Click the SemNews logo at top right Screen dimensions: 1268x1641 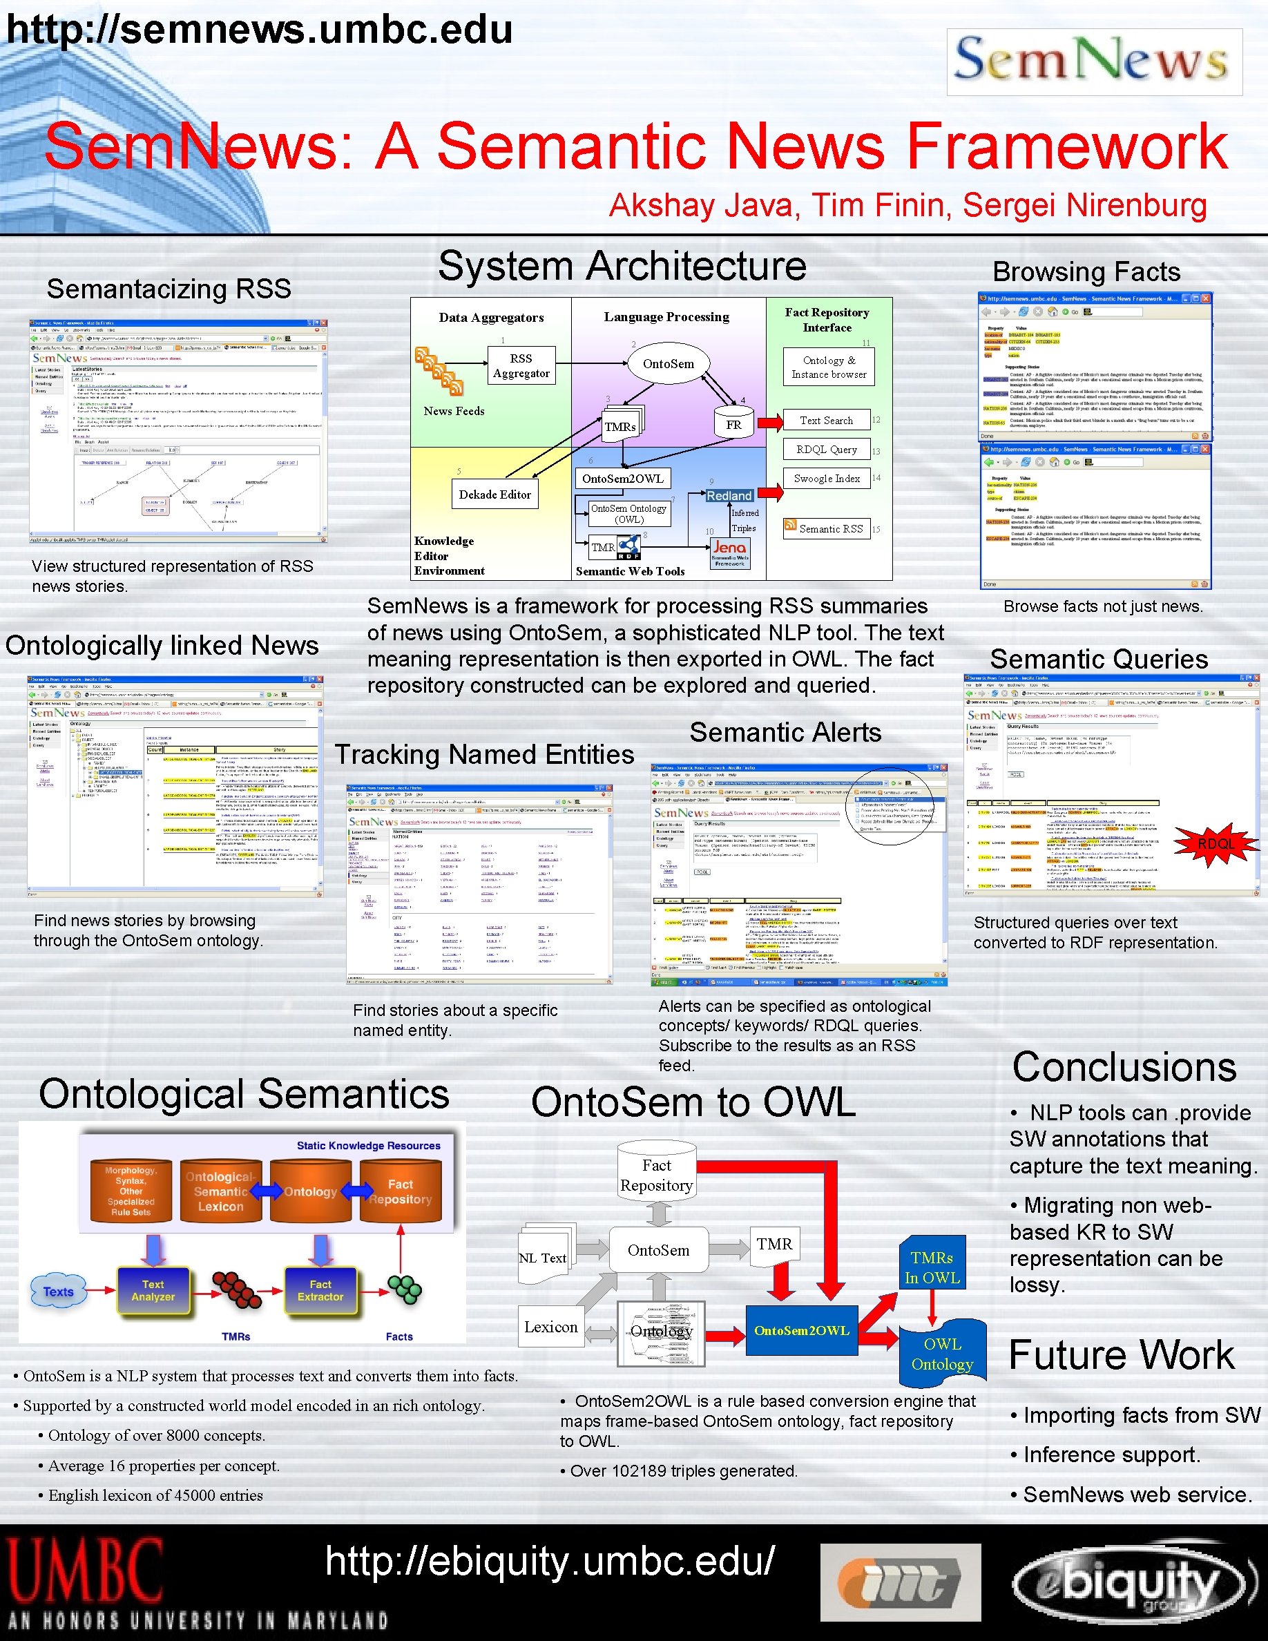pos(1094,61)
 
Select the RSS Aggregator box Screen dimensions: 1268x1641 pos(521,366)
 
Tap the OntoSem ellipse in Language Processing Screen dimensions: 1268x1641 pos(668,364)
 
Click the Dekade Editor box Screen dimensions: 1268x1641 pos(494,495)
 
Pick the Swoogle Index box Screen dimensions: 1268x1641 pos(826,479)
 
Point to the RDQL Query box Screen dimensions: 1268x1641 pos(826,450)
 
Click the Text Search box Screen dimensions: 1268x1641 pos(826,421)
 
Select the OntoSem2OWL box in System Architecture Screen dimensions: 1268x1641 pos(623,479)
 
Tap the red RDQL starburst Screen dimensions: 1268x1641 pos(1215,844)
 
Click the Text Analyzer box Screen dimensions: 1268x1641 pos(153,1291)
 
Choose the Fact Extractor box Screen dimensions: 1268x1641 pos(320,1291)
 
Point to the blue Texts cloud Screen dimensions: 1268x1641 pos(58,1292)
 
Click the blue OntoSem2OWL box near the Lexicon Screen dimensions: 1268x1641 pos(802,1331)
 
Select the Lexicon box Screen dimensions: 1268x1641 pos(550,1327)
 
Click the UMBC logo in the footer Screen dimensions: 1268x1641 pos(85,1571)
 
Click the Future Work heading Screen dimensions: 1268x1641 pos(1121,1356)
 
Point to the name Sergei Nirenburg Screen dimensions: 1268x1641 pos(1085,205)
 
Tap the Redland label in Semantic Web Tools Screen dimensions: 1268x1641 pos(729,496)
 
